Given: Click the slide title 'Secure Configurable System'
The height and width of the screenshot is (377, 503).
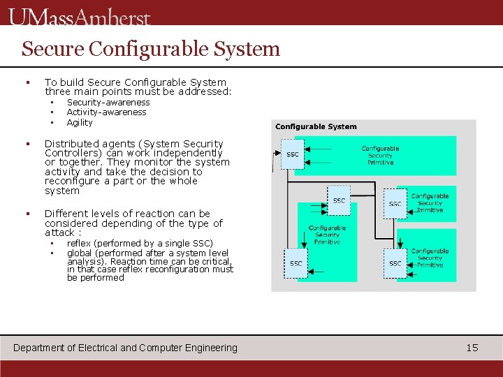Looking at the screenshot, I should pyautogui.click(x=150, y=49).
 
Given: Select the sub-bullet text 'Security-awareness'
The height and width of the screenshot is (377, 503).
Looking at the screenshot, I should pyautogui.click(x=108, y=102).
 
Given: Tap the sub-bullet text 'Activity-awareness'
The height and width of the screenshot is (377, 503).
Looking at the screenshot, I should pyautogui.click(x=106, y=112).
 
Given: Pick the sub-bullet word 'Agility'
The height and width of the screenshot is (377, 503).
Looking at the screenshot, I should pyautogui.click(x=80, y=122).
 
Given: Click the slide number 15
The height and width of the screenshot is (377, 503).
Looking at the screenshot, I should pyautogui.click(x=472, y=347).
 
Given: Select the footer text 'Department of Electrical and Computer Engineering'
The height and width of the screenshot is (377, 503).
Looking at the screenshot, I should pyautogui.click(x=126, y=348).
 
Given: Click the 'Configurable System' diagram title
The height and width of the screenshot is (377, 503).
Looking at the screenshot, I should pyautogui.click(x=316, y=126).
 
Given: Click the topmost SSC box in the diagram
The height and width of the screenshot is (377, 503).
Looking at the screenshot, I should pyautogui.click(x=293, y=154).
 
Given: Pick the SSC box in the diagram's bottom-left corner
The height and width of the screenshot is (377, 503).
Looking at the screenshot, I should pyautogui.click(x=296, y=263).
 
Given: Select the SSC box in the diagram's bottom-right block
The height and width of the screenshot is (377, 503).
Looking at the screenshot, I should pyautogui.click(x=395, y=263).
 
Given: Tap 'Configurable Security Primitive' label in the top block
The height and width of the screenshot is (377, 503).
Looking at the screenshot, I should pyautogui.click(x=380, y=155).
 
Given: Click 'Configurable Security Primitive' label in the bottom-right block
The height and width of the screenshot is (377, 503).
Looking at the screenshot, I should pyautogui.click(x=430, y=258).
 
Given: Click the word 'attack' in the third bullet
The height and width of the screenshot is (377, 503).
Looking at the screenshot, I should pyautogui.click(x=59, y=232).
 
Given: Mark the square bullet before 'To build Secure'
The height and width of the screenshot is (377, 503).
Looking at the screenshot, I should pyautogui.click(x=27, y=82).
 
